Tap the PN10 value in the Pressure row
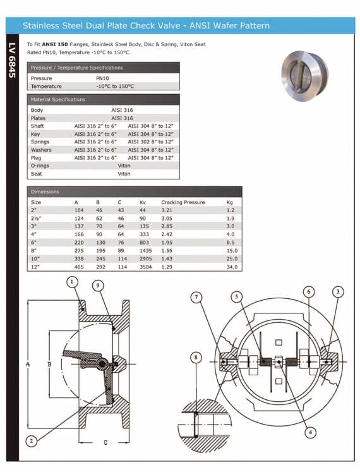(x=104, y=78)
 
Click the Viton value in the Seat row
(x=124, y=174)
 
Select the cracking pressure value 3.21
(x=167, y=210)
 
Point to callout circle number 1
(x=73, y=281)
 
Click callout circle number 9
(x=98, y=285)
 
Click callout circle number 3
(x=338, y=291)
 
